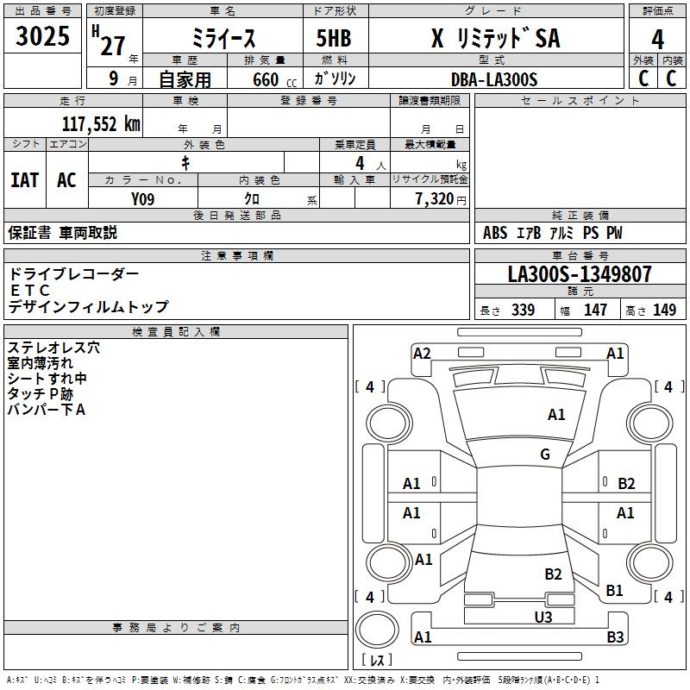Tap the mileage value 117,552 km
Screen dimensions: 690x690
click(x=101, y=123)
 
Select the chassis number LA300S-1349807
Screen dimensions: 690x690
click(x=580, y=274)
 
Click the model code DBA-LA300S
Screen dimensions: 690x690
click(x=494, y=79)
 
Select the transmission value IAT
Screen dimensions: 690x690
click(x=24, y=179)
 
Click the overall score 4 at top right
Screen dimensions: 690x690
click(x=658, y=39)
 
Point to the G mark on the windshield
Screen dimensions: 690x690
click(x=545, y=455)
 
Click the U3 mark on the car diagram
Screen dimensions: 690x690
click(x=543, y=617)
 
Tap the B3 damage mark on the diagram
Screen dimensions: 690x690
click(x=615, y=637)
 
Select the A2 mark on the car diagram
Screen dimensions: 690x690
click(x=422, y=353)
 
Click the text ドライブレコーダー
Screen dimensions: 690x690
click(x=73, y=274)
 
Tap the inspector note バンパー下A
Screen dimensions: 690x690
click(x=47, y=410)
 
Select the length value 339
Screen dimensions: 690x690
click(x=523, y=310)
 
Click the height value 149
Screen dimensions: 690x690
click(x=664, y=310)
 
